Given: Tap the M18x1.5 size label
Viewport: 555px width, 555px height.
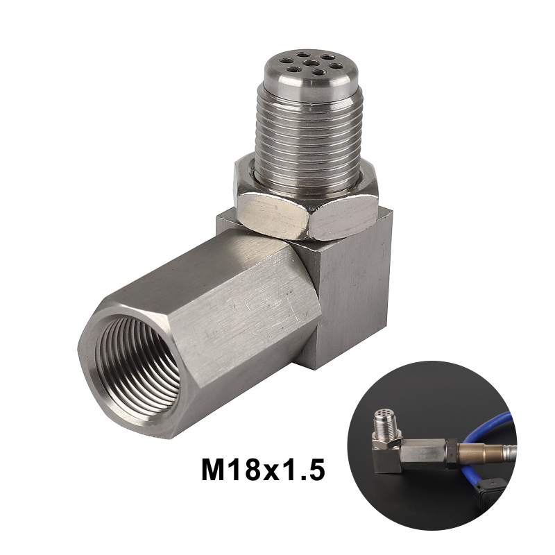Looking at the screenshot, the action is [x=263, y=470].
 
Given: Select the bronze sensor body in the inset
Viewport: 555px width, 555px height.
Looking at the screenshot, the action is [x=474, y=454].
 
